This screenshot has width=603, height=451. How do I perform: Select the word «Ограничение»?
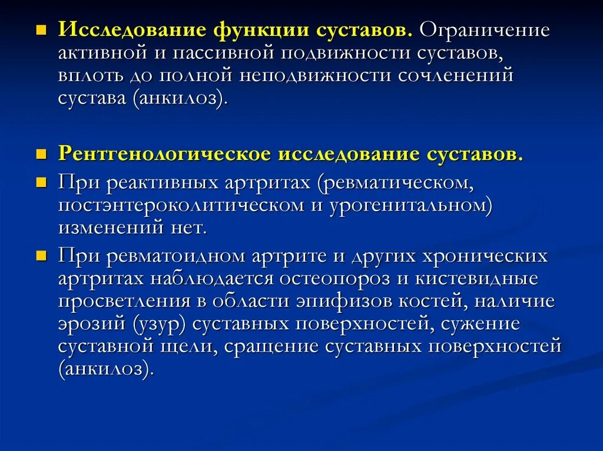485,30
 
